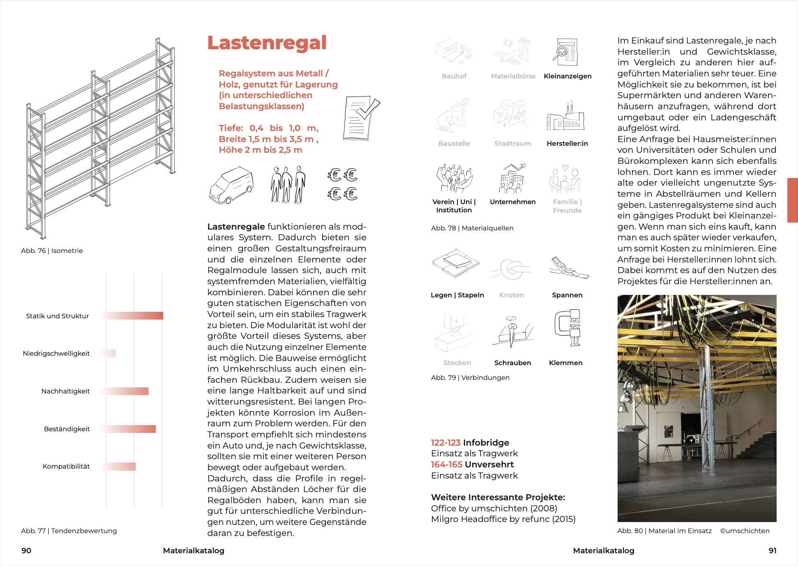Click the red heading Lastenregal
point(267,43)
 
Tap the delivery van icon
point(231,185)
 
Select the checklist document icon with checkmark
point(360,118)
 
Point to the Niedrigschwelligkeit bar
point(108,353)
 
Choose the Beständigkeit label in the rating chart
point(67,429)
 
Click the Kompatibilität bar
point(118,467)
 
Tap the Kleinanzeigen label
point(567,76)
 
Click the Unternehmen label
point(512,202)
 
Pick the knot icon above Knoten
point(511,269)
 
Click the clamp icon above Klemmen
point(567,328)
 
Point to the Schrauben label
point(512,363)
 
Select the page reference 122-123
point(445,442)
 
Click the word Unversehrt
point(489,465)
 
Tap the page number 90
point(26,550)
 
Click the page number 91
point(772,550)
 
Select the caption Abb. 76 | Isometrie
point(52,251)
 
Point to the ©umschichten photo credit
point(745,531)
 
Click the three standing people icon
point(288,185)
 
